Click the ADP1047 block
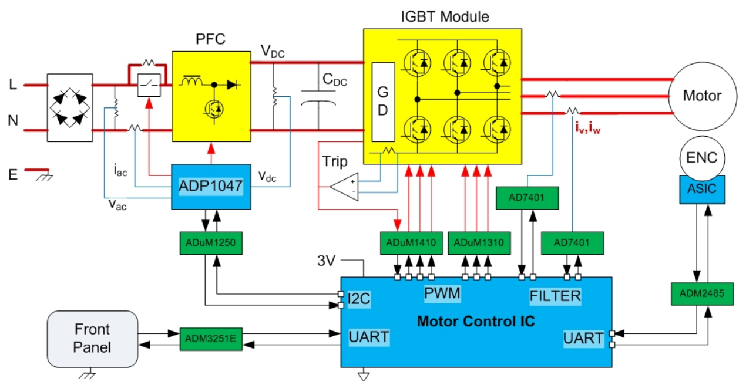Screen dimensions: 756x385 pyautogui.click(x=211, y=187)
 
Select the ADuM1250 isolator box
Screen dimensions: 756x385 pyautogui.click(x=211, y=243)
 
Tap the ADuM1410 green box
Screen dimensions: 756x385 pyautogui.click(x=411, y=243)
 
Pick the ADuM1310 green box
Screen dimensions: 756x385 pyautogui.click(x=479, y=243)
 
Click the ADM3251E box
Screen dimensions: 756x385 pyautogui.click(x=211, y=339)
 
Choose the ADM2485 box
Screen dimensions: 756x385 pyautogui.click(x=702, y=293)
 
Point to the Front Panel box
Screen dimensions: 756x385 pyautogui.click(x=92, y=339)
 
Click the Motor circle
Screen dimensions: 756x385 pyautogui.click(x=703, y=96)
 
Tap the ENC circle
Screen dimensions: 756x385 pyautogui.click(x=702, y=158)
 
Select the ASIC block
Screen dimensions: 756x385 pyautogui.click(x=702, y=190)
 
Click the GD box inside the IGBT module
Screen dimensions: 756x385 pyautogui.click(x=383, y=102)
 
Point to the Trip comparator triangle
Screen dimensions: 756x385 pyautogui.click(x=344, y=187)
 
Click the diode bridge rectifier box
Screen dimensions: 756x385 pyautogui.click(x=70, y=107)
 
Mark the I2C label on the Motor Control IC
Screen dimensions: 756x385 pyautogui.click(x=359, y=299)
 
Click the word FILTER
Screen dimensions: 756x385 pyautogui.click(x=555, y=296)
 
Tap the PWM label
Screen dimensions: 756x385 pyautogui.click(x=442, y=293)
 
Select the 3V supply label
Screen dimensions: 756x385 pyautogui.click(x=326, y=261)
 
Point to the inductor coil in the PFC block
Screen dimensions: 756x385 pyautogui.click(x=191, y=80)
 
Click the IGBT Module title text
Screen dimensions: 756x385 pyautogui.click(x=445, y=16)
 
